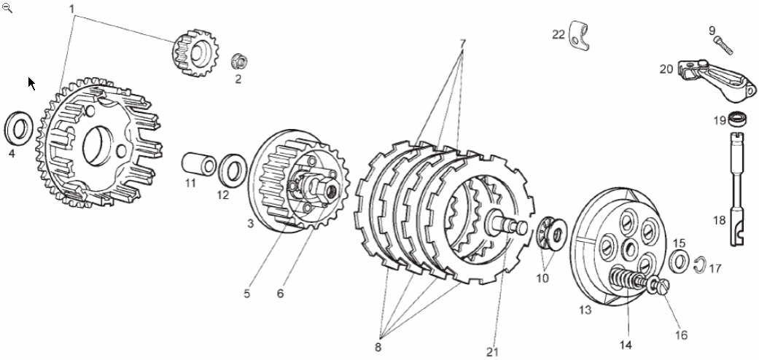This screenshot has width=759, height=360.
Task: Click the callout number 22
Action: click(x=558, y=34)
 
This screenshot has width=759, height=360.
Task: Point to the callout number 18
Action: click(x=720, y=220)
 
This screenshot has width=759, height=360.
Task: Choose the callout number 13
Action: click(x=585, y=310)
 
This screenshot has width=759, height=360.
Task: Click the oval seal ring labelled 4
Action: click(x=18, y=129)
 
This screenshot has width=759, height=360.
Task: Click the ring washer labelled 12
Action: click(x=233, y=171)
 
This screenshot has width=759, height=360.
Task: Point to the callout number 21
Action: click(x=493, y=352)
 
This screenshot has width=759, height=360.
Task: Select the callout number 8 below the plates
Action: click(x=378, y=347)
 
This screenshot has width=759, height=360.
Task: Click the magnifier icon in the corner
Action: click(x=7, y=8)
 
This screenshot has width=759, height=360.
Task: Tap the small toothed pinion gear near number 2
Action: click(x=192, y=52)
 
